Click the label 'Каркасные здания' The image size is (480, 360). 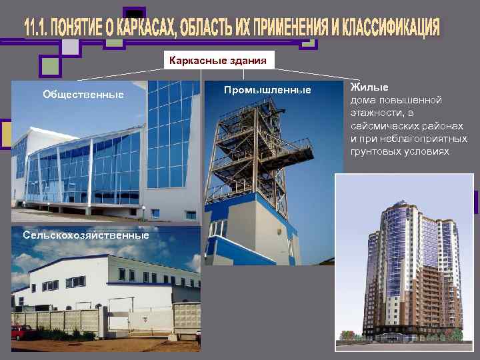click(218, 61)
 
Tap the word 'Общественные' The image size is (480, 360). click(83, 95)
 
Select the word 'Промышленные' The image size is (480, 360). click(267, 90)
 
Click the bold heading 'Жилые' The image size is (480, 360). click(366, 87)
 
